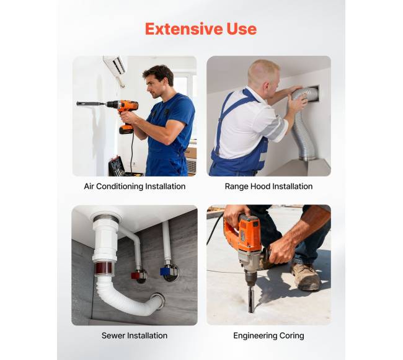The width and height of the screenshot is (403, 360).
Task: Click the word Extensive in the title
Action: (184, 29)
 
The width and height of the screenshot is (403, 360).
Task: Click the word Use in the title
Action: (241, 29)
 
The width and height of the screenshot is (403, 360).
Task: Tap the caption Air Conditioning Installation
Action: (135, 186)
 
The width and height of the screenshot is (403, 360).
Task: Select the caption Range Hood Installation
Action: (268, 186)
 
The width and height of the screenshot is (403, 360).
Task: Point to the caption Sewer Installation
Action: (135, 335)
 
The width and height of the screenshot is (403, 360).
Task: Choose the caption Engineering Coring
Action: (268, 336)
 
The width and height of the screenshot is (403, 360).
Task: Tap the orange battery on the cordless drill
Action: (126, 128)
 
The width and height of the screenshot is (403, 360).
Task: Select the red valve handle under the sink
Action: (136, 276)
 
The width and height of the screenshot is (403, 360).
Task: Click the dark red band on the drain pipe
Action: (104, 268)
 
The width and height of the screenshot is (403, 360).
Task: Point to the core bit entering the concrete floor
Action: (251, 299)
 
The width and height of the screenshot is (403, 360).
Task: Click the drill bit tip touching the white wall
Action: (77, 103)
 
